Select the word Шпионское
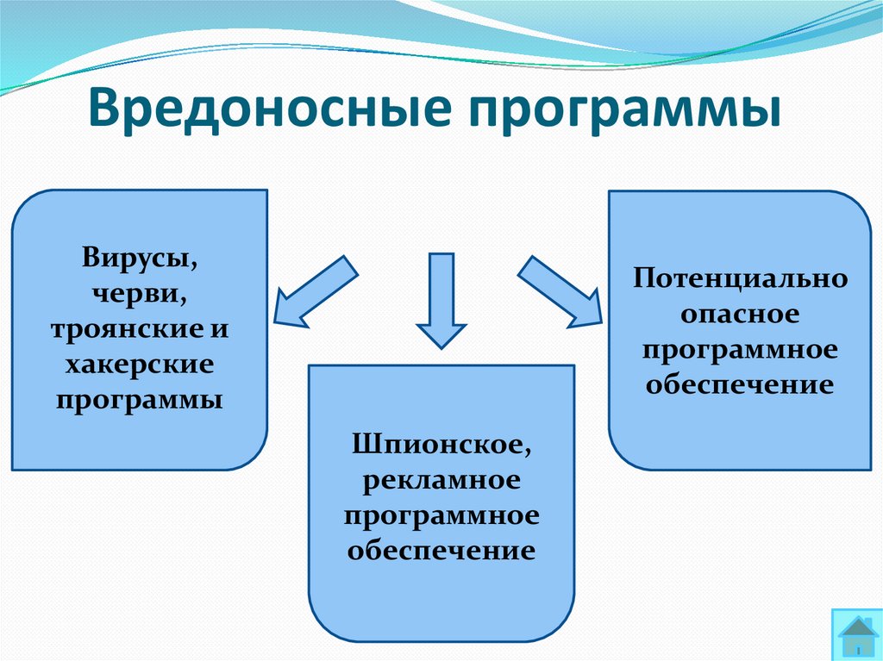coord(441,444)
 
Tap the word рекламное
coord(441,479)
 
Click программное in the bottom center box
coord(441,514)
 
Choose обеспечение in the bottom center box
coord(441,550)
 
